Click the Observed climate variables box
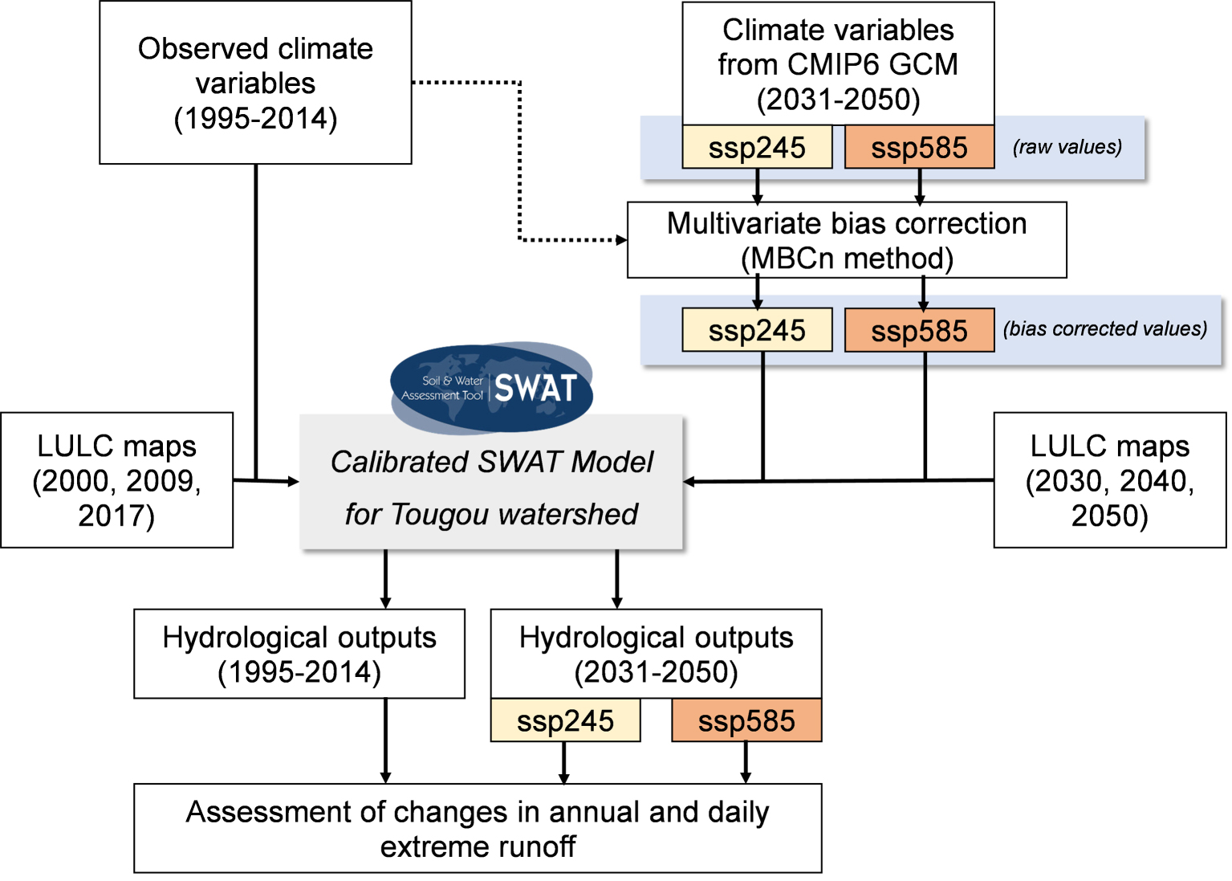click(x=255, y=83)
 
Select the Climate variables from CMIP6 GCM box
click(x=838, y=63)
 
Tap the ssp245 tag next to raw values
click(x=757, y=147)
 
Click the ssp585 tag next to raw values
click(x=920, y=147)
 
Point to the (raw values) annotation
click(x=1067, y=147)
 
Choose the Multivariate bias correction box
click(x=847, y=240)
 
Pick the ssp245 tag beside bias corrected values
click(x=757, y=329)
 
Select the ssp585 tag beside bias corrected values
click(x=920, y=329)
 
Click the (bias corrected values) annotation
click(x=1105, y=329)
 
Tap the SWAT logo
click(x=491, y=388)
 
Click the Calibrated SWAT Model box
click(x=491, y=483)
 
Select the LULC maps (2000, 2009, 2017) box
click(x=116, y=479)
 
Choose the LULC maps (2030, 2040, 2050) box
click(x=1110, y=479)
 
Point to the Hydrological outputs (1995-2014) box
click(x=299, y=654)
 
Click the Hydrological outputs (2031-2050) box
click(x=657, y=654)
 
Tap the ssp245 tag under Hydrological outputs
click(x=565, y=720)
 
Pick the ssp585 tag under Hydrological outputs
click(x=747, y=720)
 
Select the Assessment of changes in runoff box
click(x=478, y=828)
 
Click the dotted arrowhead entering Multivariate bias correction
click(x=621, y=240)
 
